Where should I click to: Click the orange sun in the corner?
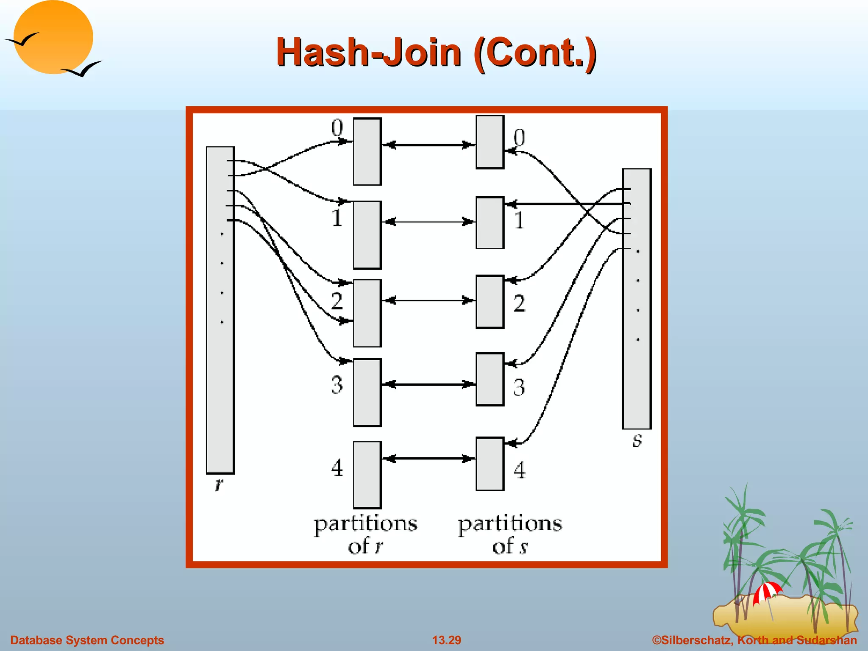pyautogui.click(x=53, y=37)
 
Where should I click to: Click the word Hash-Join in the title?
pyautogui.click(x=369, y=53)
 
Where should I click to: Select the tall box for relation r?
pyautogui.click(x=220, y=310)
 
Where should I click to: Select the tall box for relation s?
pyautogui.click(x=636, y=299)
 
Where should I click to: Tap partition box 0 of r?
pyautogui.click(x=367, y=151)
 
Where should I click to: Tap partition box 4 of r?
pyautogui.click(x=367, y=475)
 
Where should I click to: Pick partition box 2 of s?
pyautogui.click(x=490, y=301)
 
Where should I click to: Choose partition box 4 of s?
pyautogui.click(x=490, y=464)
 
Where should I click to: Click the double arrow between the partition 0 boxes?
pyautogui.click(x=428, y=145)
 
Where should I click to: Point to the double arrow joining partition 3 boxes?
pyautogui.click(x=428, y=384)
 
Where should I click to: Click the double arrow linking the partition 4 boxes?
pyautogui.click(x=428, y=459)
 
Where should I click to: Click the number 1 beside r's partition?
pyautogui.click(x=337, y=218)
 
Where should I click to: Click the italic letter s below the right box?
pyautogui.click(x=637, y=441)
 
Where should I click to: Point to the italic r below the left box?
pyautogui.click(x=219, y=484)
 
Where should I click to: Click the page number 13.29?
pyautogui.click(x=446, y=640)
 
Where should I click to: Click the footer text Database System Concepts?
pyautogui.click(x=87, y=640)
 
